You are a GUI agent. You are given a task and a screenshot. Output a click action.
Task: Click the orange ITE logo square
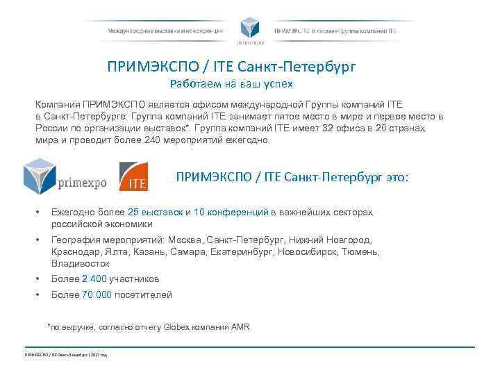coord(133,176)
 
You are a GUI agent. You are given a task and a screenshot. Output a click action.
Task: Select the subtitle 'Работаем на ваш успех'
coord(231,85)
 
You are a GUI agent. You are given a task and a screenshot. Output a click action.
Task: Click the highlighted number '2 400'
coord(94,278)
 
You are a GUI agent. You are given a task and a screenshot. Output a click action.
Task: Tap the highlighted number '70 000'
coord(97,294)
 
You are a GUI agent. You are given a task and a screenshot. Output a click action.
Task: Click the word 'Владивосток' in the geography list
coord(80,263)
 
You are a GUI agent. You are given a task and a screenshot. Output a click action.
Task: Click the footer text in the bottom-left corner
coord(65,356)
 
